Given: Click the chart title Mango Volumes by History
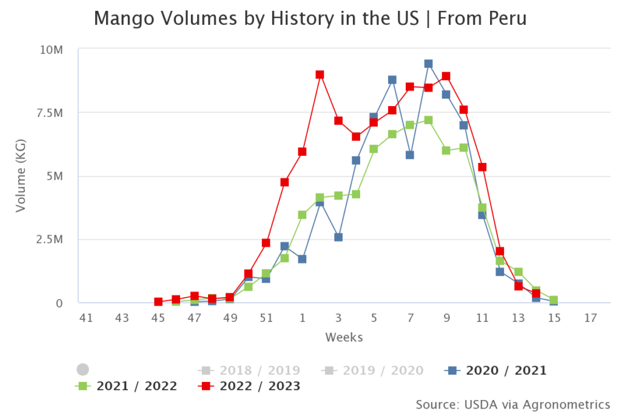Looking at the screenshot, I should [x=310, y=19].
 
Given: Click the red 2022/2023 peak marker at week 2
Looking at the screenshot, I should [x=320, y=75].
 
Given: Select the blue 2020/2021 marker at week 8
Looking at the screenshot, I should [x=428, y=64].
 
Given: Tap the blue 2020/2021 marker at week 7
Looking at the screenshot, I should [x=410, y=155].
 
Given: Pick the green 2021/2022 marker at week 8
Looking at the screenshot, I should [x=428, y=120].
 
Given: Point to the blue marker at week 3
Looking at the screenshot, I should [x=338, y=237].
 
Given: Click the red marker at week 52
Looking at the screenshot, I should [x=284, y=182].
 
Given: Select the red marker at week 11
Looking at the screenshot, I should [x=482, y=167].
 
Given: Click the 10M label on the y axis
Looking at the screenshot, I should [x=52, y=49].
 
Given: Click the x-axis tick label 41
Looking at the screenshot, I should [x=86, y=318].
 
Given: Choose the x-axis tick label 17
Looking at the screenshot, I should [x=591, y=318].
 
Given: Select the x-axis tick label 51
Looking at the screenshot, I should [x=266, y=318].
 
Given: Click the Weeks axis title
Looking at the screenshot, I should [x=344, y=337].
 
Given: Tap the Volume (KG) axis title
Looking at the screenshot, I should [x=21, y=176].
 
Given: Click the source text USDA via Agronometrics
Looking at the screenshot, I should [x=512, y=404].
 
